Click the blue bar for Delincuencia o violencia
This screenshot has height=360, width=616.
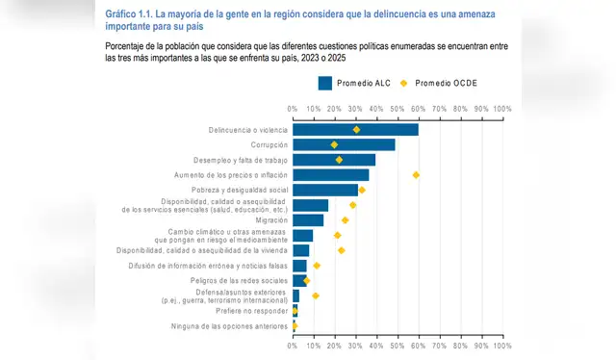[x=355, y=129]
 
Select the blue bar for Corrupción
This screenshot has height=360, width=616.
[x=344, y=144]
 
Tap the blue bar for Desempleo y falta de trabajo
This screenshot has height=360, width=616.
[x=334, y=160]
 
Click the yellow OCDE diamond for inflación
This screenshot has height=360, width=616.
[x=416, y=175]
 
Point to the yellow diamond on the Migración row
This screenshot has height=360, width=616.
[x=345, y=220]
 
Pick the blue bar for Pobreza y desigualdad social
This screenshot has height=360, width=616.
[x=325, y=190]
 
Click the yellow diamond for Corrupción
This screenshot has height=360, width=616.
[x=334, y=144]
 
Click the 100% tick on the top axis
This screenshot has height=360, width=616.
[x=501, y=109]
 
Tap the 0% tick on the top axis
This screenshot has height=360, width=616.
[x=293, y=109]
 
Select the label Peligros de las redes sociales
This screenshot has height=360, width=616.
[x=237, y=280]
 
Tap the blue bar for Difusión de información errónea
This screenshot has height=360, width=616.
[x=299, y=266]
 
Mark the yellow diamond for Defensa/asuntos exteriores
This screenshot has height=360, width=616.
[x=315, y=296]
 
